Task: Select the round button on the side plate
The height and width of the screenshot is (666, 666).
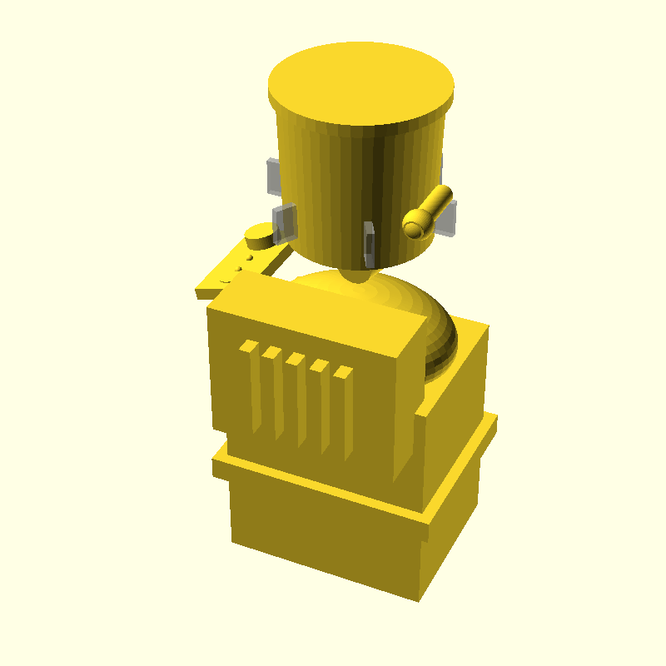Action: pyautogui.click(x=260, y=237)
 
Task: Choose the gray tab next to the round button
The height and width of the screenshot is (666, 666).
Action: pyautogui.click(x=284, y=221)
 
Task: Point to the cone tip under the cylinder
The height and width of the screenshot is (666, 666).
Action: pyautogui.click(x=356, y=275)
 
